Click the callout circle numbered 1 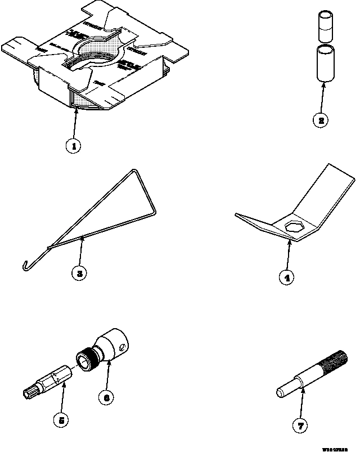[x=73, y=146]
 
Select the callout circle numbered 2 [x=319, y=120]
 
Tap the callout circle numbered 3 [x=80, y=274]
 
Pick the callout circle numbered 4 [x=287, y=277]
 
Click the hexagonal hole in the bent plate [x=294, y=226]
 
